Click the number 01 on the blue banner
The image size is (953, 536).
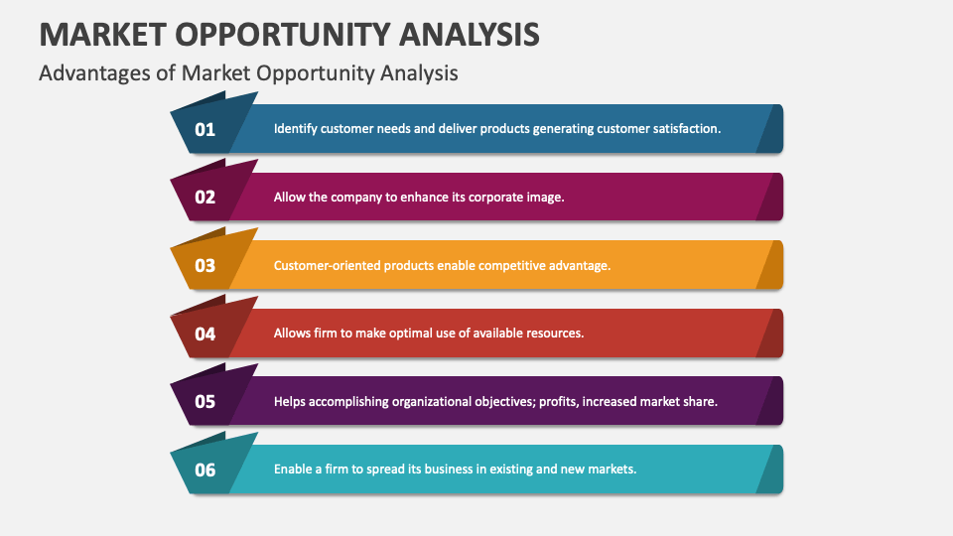click(204, 129)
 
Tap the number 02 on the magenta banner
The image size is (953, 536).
click(204, 197)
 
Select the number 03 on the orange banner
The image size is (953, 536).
click(204, 265)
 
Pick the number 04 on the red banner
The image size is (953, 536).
click(204, 334)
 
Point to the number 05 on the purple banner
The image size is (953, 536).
click(204, 402)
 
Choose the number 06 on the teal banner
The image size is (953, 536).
click(204, 469)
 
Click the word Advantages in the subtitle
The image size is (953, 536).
click(83, 73)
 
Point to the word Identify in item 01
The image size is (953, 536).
click(295, 129)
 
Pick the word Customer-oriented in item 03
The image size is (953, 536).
click(327, 265)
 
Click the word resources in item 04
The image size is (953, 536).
click(554, 334)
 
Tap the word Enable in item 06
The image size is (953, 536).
click(293, 469)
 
